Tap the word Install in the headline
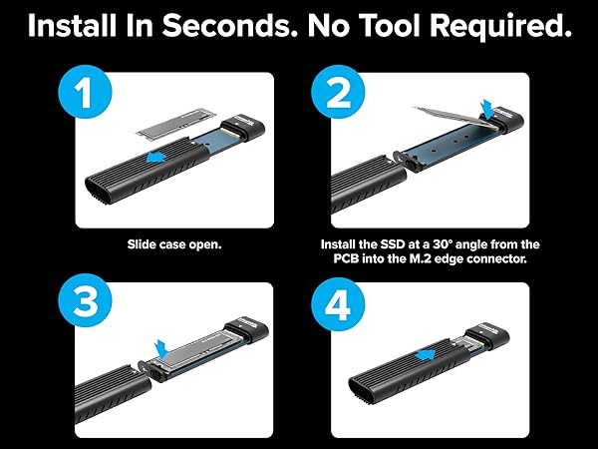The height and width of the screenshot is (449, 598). (71, 27)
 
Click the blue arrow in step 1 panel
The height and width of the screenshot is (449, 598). (157, 159)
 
